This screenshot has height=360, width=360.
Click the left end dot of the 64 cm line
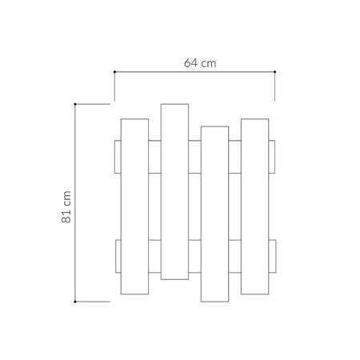[114, 72]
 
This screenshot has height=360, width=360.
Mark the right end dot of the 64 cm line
[274, 72]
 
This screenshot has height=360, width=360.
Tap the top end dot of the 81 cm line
[74, 104]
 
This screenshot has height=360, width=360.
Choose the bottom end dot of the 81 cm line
[74, 301]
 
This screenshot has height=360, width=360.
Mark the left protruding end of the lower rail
[117, 256]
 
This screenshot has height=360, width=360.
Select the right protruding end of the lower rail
[272, 256]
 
